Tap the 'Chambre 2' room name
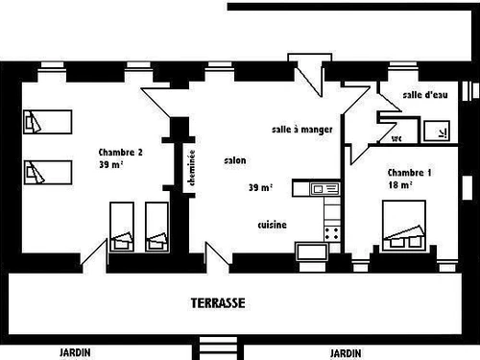pyautogui.click(x=121, y=152)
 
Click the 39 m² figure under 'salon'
pyautogui.click(x=259, y=187)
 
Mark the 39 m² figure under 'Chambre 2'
pyautogui.click(x=109, y=165)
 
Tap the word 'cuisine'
pyautogui.click(x=273, y=225)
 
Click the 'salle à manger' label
pyautogui.click(x=301, y=129)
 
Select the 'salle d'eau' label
pyautogui.click(x=423, y=94)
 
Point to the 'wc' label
pyautogui.click(x=396, y=138)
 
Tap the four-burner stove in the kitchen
pyautogui.click(x=333, y=231)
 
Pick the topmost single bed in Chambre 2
pyautogui.click(x=47, y=122)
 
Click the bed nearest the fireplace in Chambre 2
pyautogui.click(x=156, y=228)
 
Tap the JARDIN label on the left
pyautogui.click(x=74, y=351)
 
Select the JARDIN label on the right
pyautogui.click(x=346, y=351)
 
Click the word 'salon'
pyautogui.click(x=233, y=160)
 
